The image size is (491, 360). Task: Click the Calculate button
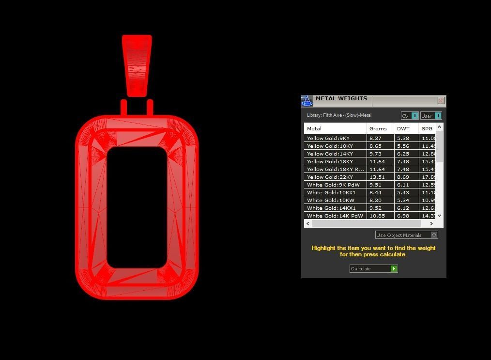(x=373, y=268)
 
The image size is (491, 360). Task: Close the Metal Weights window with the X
(x=441, y=101)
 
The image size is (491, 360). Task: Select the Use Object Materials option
(x=406, y=235)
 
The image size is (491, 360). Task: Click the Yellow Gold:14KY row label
(x=330, y=154)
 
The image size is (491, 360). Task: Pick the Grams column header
(x=378, y=128)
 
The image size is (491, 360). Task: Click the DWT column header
(x=403, y=128)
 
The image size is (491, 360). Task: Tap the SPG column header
(x=427, y=128)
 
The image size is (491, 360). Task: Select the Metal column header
(x=314, y=128)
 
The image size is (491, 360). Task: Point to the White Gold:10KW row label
(x=330, y=200)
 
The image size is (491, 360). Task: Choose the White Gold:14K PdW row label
(x=335, y=216)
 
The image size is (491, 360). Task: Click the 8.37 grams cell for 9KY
(x=375, y=138)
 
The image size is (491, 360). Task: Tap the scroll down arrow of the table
(x=439, y=216)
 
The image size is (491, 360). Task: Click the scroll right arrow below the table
(x=431, y=223)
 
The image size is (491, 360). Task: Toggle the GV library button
(x=409, y=116)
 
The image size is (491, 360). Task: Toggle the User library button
(x=430, y=116)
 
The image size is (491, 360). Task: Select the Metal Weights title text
(x=341, y=98)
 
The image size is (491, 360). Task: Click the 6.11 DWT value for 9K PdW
(x=403, y=185)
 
